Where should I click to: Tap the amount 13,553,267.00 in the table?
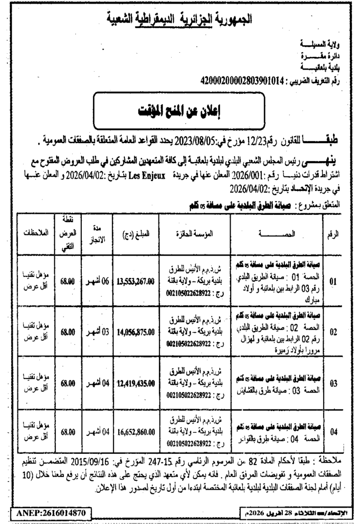136,281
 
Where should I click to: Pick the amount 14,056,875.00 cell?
136,332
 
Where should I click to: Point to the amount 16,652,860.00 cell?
136,432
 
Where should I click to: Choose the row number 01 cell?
333,281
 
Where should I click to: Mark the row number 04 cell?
333,432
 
